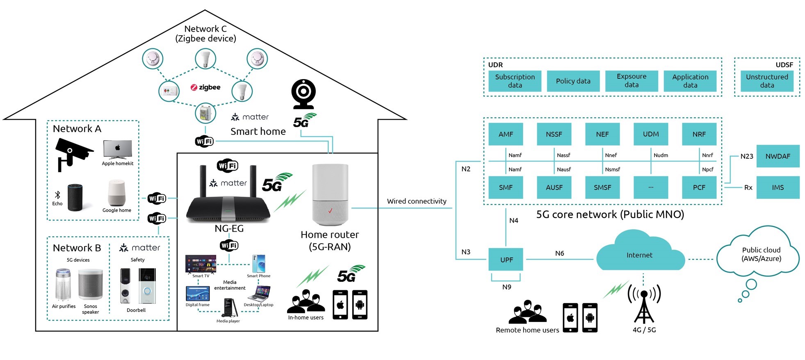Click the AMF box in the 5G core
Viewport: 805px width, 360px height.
pos(506,134)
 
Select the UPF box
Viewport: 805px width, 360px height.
pos(506,260)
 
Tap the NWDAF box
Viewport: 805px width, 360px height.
pos(778,156)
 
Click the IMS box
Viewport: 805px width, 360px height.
pos(778,187)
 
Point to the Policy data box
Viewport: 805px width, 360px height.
pos(573,81)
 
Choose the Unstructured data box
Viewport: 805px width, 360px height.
pos(766,81)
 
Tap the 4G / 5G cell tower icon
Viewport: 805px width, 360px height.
pos(644,305)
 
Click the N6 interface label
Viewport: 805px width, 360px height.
pos(559,253)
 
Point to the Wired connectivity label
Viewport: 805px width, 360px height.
pos(417,201)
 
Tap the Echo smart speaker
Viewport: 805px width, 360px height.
pos(75,197)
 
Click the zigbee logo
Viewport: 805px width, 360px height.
pos(205,87)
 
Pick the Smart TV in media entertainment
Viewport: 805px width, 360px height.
pos(201,264)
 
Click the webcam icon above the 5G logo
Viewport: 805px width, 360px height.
pos(303,94)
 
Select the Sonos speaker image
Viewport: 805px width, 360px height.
pos(90,284)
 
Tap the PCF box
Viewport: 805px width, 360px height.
pos(699,187)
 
